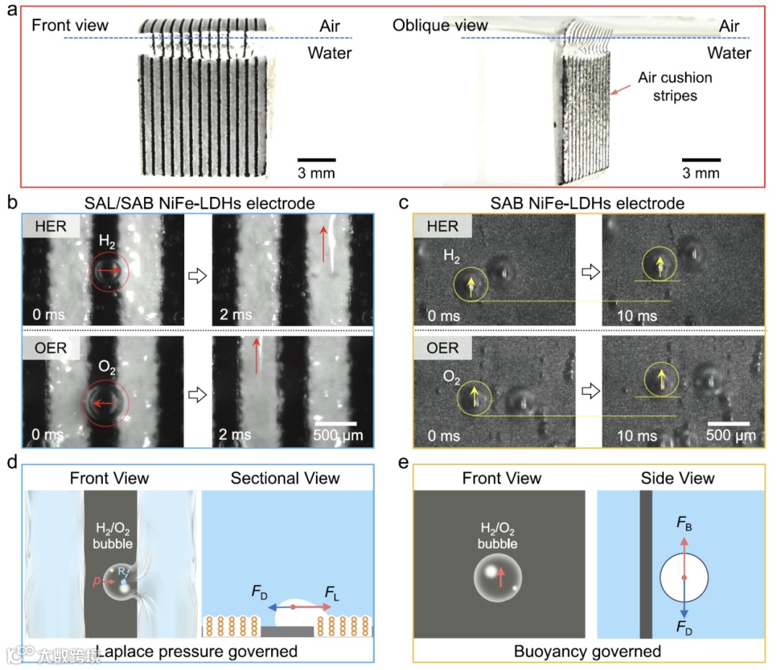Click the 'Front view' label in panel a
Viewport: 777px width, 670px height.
point(70,26)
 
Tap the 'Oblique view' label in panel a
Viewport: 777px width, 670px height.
point(440,26)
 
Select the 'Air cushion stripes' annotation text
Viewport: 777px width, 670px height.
point(675,86)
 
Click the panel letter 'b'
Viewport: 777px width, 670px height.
point(12,203)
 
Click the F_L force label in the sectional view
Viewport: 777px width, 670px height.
point(332,593)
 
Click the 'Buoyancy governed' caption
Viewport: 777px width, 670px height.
point(587,652)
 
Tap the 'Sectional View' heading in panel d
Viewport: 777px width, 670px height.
point(286,478)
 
